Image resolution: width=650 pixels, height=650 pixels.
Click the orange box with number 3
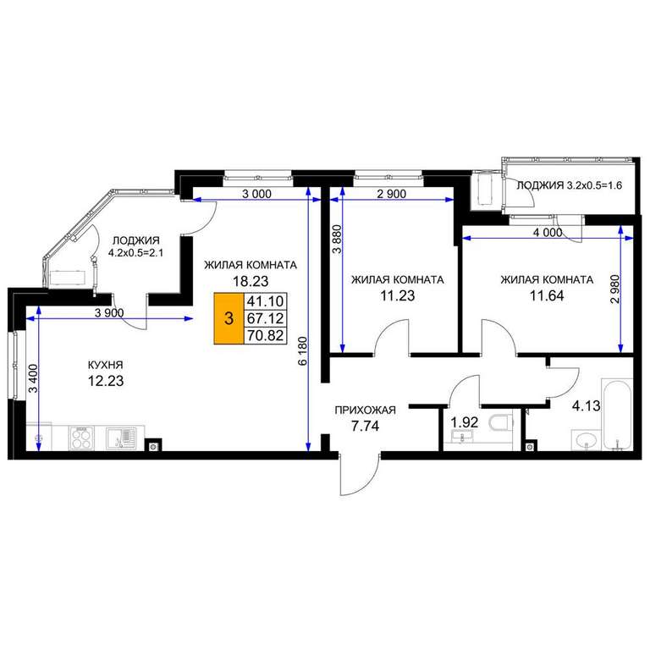(x=229, y=318)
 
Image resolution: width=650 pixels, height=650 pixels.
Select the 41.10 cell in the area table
(x=265, y=300)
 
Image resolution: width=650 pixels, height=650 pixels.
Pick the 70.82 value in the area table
(x=265, y=335)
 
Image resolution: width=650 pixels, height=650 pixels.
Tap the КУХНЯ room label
(x=105, y=366)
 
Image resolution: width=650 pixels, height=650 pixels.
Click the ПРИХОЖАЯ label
(x=366, y=410)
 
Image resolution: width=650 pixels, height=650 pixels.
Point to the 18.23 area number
(x=251, y=282)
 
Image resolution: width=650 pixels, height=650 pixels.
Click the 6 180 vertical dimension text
(x=303, y=350)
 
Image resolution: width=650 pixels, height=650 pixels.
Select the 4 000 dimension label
(x=548, y=233)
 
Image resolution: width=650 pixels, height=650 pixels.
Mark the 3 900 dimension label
(x=109, y=313)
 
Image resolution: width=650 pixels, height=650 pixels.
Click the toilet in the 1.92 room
(x=501, y=422)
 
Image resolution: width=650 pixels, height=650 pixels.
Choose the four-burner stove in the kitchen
(x=81, y=438)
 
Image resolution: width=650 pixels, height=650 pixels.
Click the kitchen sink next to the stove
(x=121, y=438)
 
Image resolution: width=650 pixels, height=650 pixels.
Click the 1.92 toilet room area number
(x=465, y=422)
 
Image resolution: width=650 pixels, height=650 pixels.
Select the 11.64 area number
(x=547, y=296)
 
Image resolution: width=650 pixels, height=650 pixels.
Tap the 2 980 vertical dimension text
(x=615, y=289)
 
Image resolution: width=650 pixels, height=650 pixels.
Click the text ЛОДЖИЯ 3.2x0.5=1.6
(x=569, y=185)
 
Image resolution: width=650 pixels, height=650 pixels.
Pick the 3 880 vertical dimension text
(x=338, y=240)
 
